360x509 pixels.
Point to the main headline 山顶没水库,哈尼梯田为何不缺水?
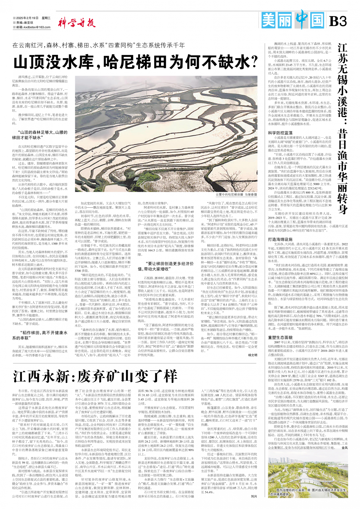(x=136, y=62)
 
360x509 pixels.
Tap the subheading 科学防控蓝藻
(x=280, y=133)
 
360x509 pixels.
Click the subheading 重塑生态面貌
(x=280, y=337)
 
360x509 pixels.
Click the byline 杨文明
(x=252, y=355)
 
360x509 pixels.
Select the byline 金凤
(x=344, y=448)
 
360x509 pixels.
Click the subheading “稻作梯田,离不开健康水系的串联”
(x=40, y=335)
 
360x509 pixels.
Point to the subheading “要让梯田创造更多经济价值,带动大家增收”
(x=166, y=266)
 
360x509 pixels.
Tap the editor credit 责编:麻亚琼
(x=25, y=22)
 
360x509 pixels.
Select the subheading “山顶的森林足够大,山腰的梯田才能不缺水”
(x=40, y=135)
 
